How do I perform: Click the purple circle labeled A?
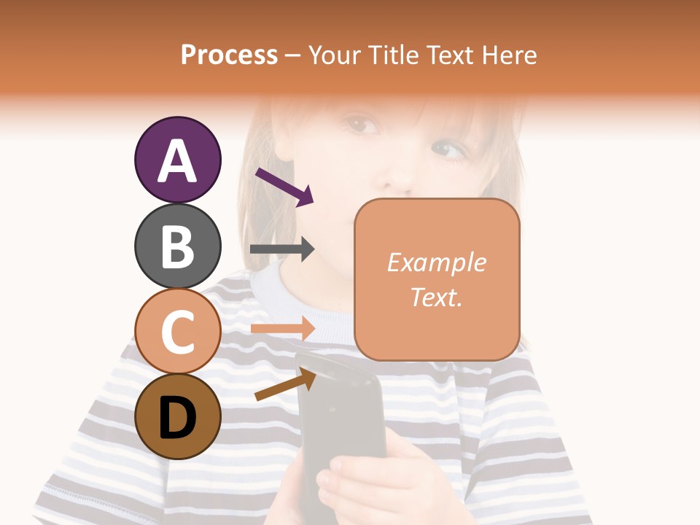pyautogui.click(x=177, y=160)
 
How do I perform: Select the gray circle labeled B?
pyautogui.click(x=177, y=246)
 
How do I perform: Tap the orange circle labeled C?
pyautogui.click(x=177, y=331)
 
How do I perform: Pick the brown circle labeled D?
pyautogui.click(x=177, y=416)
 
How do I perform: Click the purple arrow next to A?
pyautogui.click(x=284, y=187)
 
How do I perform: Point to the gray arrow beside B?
pyautogui.click(x=282, y=249)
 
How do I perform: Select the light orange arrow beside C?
pyautogui.click(x=282, y=328)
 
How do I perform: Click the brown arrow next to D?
pyautogui.click(x=286, y=384)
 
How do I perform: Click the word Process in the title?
pyautogui.click(x=229, y=55)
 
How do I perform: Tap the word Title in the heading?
pyautogui.click(x=392, y=55)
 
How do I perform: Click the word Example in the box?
pyautogui.click(x=436, y=262)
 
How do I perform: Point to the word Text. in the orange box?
pyautogui.click(x=436, y=297)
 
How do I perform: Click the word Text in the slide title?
pyautogui.click(x=449, y=55)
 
